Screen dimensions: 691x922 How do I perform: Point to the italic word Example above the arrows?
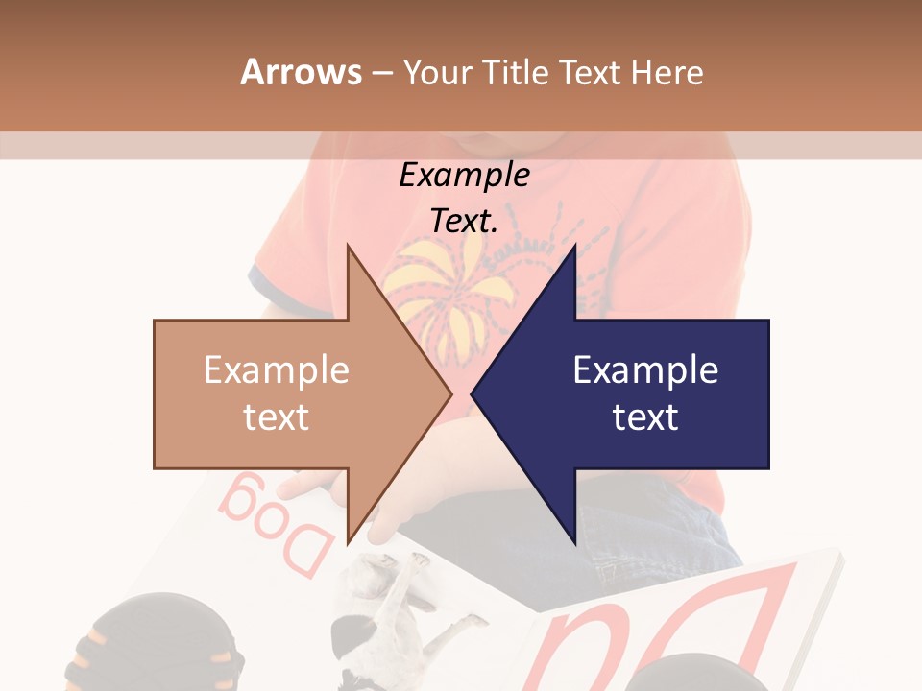point(464,176)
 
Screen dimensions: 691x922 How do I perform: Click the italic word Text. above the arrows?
point(464,222)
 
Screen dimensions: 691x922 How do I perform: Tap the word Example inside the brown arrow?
point(276,370)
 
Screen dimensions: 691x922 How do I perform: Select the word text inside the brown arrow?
point(276,417)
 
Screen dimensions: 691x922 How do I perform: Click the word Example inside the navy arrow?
point(645,370)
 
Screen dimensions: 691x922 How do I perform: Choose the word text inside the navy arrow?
point(645,417)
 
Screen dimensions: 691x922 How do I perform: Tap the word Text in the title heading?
point(592,72)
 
